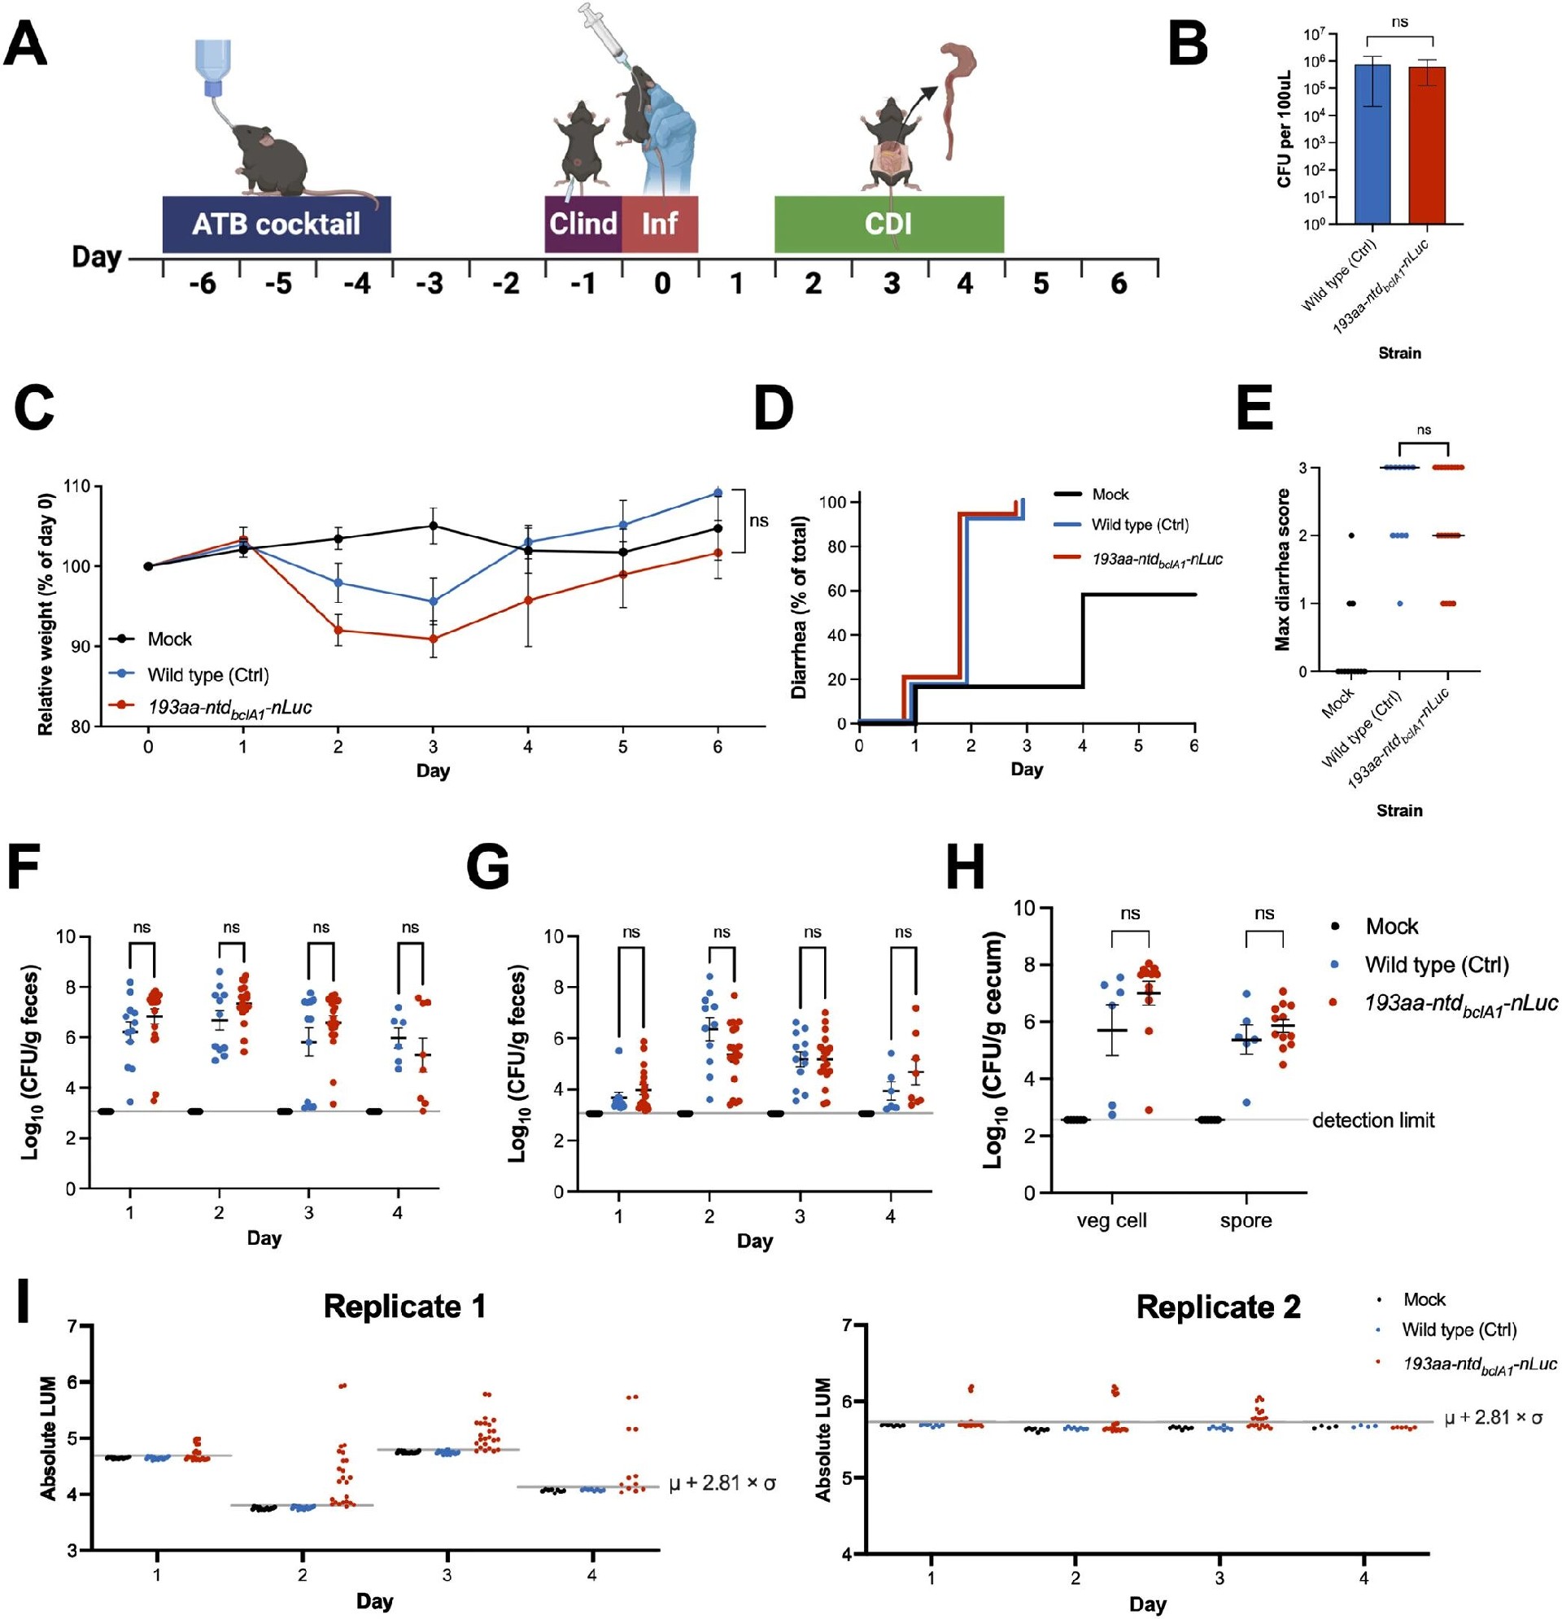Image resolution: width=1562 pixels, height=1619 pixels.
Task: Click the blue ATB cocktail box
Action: point(277,224)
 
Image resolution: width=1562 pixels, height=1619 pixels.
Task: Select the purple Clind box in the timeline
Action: point(583,224)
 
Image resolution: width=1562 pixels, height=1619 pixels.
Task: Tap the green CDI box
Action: point(889,224)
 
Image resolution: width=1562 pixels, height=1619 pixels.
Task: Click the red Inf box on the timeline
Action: point(660,224)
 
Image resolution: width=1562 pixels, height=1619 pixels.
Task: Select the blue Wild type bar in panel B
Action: point(1372,144)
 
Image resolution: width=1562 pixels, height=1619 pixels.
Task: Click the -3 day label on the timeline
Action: point(430,284)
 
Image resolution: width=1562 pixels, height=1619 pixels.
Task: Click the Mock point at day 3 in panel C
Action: point(432,526)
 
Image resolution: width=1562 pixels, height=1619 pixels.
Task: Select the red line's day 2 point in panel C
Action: point(338,631)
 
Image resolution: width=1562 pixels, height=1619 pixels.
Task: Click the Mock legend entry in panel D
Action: point(1091,494)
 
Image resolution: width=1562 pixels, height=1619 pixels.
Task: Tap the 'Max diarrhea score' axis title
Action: point(1283,570)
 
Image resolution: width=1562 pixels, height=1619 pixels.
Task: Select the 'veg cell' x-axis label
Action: point(1112,1221)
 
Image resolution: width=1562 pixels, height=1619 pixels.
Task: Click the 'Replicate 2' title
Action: point(1219,1307)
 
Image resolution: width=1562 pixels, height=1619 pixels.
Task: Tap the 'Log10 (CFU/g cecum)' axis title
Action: point(994,1050)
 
